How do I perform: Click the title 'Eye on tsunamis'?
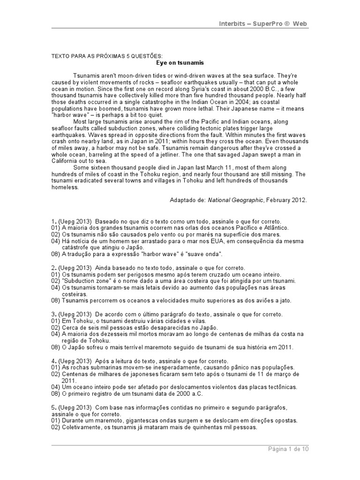pyautogui.click(x=180, y=62)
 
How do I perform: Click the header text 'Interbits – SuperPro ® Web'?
pyautogui.click(x=264, y=23)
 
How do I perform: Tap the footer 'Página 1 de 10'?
pyautogui.click(x=288, y=449)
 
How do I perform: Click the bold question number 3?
pyautogui.click(x=53, y=314)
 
